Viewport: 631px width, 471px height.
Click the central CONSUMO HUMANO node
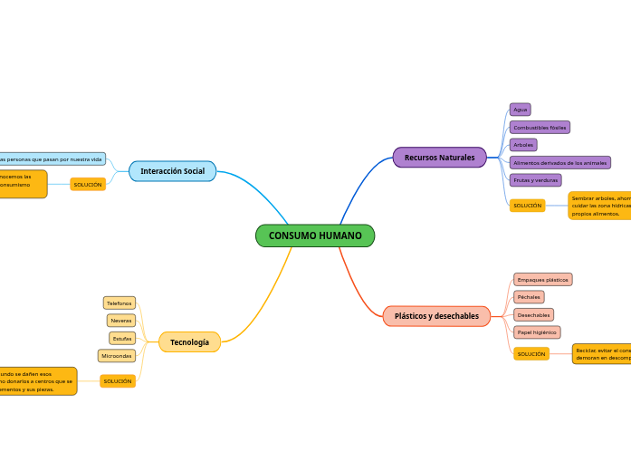tap(315, 235)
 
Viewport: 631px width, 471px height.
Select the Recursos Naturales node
tap(439, 158)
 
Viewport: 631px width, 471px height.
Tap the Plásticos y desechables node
tap(436, 316)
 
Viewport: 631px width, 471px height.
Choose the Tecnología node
tap(189, 341)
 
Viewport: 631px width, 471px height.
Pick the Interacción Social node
tap(172, 170)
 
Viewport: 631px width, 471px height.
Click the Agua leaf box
tap(520, 110)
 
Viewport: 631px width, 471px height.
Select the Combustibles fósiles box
tap(540, 128)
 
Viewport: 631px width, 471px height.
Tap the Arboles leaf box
tap(523, 145)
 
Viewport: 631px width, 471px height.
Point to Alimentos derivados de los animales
tap(559, 163)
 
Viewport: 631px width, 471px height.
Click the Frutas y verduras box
tap(535, 180)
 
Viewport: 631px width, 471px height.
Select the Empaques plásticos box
tap(542, 280)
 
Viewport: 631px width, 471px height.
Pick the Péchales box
tap(529, 297)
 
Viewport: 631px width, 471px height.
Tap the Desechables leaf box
tap(533, 315)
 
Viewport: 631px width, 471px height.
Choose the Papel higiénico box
tap(537, 332)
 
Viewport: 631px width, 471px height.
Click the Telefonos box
tap(120, 303)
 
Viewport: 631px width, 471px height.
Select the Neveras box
tap(121, 321)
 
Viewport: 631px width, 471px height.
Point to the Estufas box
tap(121, 338)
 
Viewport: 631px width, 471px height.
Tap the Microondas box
tap(117, 356)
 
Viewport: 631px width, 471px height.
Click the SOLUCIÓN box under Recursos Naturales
tap(527, 206)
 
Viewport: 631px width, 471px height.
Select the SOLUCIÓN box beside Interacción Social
tap(88, 185)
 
